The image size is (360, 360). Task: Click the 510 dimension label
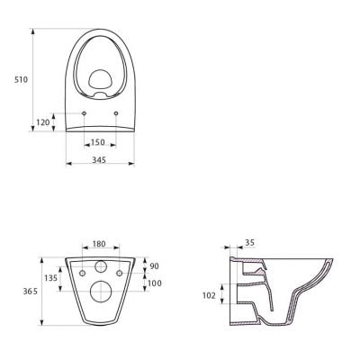pyautogui.click(x=22, y=80)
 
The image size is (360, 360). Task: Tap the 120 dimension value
pyautogui.click(x=43, y=122)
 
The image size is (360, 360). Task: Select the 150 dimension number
pyautogui.click(x=98, y=142)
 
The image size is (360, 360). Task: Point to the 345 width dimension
pyautogui.click(x=99, y=160)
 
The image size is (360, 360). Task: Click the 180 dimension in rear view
pyautogui.click(x=99, y=244)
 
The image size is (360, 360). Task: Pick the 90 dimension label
pyautogui.click(x=154, y=266)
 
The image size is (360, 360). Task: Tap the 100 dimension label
pyautogui.click(x=155, y=283)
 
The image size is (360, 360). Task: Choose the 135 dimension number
pyautogui.click(x=50, y=278)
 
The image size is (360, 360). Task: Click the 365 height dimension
pyautogui.click(x=31, y=292)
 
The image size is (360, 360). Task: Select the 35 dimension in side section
pyautogui.click(x=249, y=242)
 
